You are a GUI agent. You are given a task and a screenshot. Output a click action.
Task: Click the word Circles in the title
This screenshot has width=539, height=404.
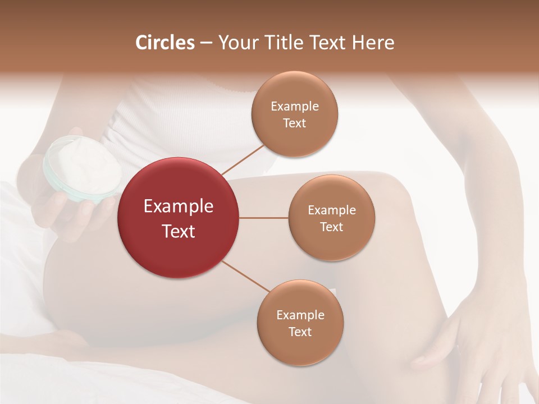point(165,43)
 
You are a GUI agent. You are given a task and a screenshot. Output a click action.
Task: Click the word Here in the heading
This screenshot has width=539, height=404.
point(373,43)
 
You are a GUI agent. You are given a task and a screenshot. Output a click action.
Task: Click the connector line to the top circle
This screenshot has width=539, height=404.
point(243,159)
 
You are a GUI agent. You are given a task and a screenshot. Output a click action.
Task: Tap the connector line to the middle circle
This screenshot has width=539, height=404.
point(264,218)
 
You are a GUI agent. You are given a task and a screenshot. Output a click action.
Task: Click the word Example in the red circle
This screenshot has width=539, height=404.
point(179,206)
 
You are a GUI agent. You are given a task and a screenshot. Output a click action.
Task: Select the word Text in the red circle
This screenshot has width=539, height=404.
point(179,231)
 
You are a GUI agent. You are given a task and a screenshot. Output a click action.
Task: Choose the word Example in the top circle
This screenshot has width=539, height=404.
point(294,107)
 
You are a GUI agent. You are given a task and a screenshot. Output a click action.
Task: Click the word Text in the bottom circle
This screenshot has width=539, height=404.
point(300,332)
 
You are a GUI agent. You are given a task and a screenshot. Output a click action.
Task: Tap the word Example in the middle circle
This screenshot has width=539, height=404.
point(331,210)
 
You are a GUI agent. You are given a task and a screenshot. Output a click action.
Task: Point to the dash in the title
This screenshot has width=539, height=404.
point(205,43)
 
